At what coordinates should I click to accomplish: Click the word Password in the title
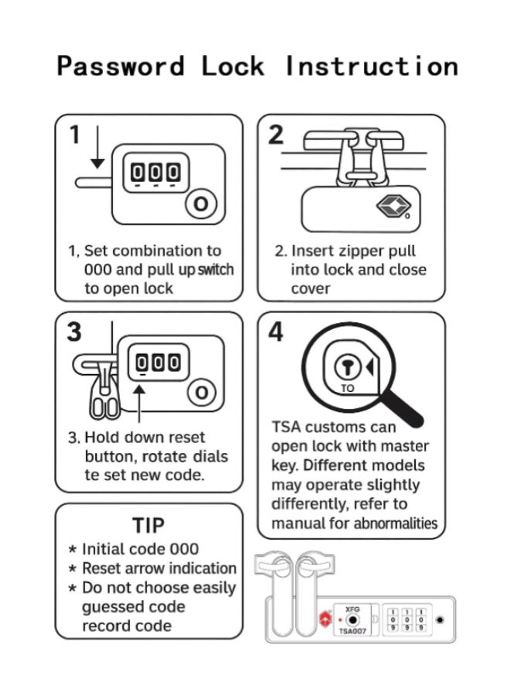121,67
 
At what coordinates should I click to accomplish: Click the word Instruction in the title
371,66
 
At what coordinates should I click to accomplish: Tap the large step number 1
75,134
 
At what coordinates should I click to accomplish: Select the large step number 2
276,135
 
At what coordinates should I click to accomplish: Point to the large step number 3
74,331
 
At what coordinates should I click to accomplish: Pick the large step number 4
276,331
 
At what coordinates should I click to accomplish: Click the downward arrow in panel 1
98,147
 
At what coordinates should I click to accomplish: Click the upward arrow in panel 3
139,403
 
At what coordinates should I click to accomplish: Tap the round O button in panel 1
201,204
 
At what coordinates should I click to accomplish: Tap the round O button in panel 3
202,393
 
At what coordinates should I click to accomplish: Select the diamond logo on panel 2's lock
393,206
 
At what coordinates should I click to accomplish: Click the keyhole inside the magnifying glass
348,368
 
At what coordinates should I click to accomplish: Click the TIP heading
149,525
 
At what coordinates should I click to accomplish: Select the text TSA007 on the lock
352,631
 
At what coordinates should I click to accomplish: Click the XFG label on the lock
352,609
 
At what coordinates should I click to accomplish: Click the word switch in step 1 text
215,270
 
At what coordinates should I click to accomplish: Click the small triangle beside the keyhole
369,368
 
